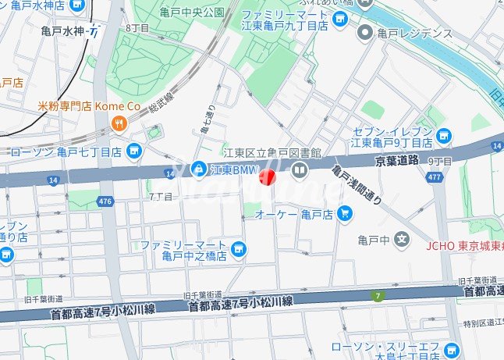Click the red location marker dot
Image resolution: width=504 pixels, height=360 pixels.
point(267,177)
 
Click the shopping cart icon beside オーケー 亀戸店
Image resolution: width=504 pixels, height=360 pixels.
point(344,213)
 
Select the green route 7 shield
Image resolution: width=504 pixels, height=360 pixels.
point(379,296)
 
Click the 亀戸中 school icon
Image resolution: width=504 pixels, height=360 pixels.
point(401,238)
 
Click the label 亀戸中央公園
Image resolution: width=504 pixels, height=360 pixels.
point(191,12)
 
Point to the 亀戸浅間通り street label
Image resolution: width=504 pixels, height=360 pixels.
point(357,185)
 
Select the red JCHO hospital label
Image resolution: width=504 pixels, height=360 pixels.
point(465,244)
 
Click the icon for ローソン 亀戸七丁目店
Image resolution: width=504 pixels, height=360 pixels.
point(133,150)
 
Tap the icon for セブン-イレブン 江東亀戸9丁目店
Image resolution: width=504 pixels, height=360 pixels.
point(445,137)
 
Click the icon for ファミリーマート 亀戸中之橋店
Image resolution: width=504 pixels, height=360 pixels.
point(240,250)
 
